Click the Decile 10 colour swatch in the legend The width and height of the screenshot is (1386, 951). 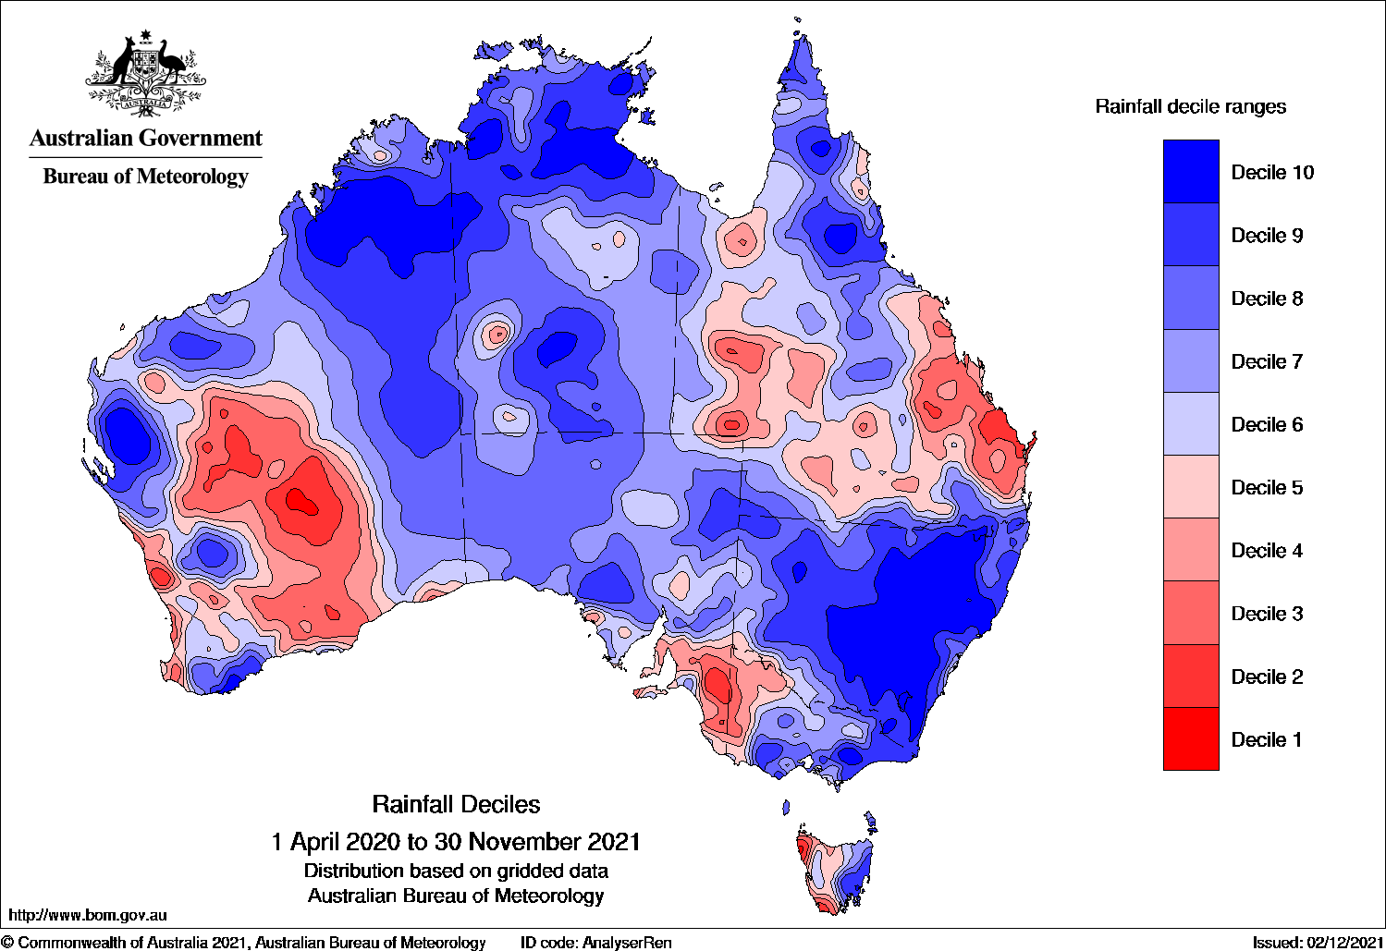point(1191,172)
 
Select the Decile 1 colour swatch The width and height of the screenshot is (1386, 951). point(1191,738)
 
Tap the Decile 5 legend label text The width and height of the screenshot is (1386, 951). point(1267,487)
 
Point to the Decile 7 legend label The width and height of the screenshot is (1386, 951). point(1267,361)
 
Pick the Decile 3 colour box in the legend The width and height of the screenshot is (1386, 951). point(1191,613)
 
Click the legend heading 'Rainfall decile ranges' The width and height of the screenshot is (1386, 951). point(1190,106)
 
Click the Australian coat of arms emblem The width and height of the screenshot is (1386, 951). point(145,74)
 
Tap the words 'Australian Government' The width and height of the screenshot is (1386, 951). point(146,139)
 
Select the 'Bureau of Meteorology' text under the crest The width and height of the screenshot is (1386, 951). point(146,176)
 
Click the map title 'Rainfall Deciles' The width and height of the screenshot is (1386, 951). point(456,804)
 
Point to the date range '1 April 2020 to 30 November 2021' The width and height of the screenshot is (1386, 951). point(456,841)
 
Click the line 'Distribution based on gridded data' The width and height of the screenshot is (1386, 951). point(456,871)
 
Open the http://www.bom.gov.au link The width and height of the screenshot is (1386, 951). point(88,915)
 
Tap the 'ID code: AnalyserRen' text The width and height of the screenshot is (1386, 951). point(596,943)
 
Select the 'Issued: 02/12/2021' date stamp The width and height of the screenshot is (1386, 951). point(1318,943)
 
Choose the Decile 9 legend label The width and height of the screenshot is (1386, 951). point(1267,236)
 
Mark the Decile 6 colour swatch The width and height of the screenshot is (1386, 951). point(1191,424)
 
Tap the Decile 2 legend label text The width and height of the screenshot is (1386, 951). point(1267,677)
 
